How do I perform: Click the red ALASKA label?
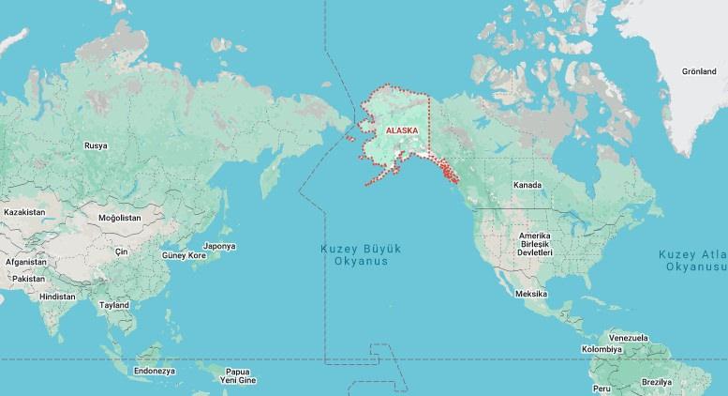(401, 131)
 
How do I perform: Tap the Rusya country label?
(96, 145)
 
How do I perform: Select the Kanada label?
(527, 185)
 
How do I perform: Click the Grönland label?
(699, 71)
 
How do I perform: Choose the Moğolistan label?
(119, 218)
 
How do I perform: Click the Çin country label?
(120, 251)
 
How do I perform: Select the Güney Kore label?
(184, 255)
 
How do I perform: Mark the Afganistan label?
(24, 262)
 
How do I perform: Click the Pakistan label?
(29, 279)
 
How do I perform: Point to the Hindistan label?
(58, 297)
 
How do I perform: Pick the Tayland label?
(114, 306)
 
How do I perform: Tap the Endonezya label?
(155, 371)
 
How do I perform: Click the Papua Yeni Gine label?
(237, 375)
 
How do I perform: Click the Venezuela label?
(629, 337)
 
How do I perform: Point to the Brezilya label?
(657, 382)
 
